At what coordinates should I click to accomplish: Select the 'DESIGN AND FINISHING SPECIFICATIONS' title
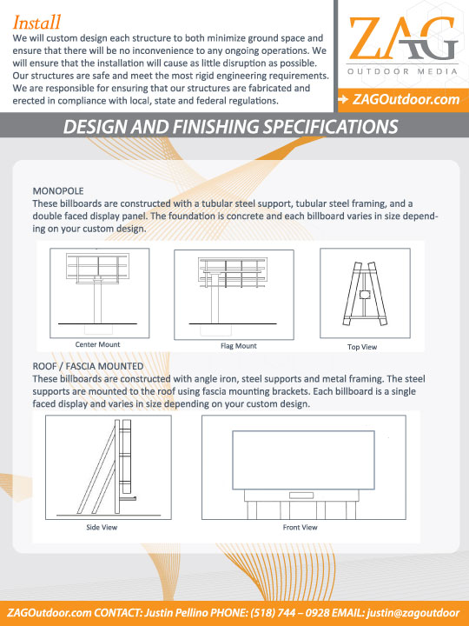point(230,127)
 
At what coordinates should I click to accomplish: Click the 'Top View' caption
point(362,347)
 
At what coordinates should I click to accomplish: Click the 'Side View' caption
point(102,528)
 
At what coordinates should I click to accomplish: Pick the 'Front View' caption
point(301,528)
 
